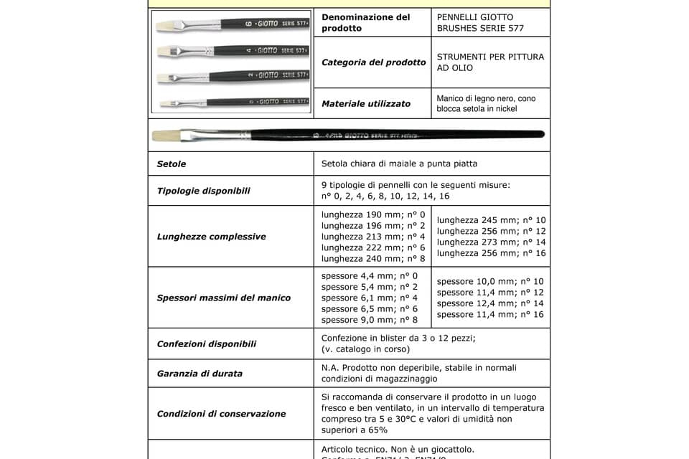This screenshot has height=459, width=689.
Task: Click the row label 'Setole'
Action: click(171, 164)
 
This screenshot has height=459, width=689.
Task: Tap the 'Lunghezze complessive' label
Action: click(211, 237)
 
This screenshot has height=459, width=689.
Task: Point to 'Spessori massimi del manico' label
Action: click(223, 298)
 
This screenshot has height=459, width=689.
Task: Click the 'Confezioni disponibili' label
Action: click(206, 344)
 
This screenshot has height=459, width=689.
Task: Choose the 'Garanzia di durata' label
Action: click(199, 374)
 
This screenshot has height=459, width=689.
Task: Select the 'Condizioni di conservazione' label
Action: click(221, 414)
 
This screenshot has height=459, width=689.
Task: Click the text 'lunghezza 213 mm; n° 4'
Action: click(373, 237)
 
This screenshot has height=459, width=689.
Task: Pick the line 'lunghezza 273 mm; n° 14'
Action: click(491, 242)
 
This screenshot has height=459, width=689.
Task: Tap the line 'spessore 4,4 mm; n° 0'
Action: click(370, 276)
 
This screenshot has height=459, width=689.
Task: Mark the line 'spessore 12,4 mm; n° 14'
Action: click(489, 303)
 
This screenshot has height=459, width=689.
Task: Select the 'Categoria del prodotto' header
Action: click(373, 62)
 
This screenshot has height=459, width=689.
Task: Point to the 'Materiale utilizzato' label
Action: click(366, 104)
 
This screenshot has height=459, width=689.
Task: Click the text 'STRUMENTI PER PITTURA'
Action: click(490, 57)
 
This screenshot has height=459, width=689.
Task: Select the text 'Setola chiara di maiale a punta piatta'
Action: click(400, 164)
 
